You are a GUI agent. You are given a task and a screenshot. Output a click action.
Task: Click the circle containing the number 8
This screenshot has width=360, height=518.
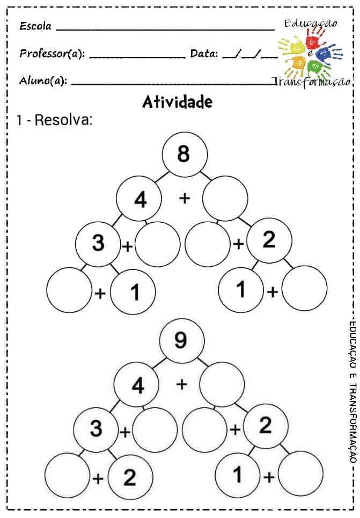pyautogui.click(x=184, y=154)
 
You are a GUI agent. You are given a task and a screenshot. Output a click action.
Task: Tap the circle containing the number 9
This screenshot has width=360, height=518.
pyautogui.click(x=181, y=340)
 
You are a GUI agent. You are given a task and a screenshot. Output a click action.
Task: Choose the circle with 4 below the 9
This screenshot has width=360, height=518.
pyautogui.click(x=137, y=385)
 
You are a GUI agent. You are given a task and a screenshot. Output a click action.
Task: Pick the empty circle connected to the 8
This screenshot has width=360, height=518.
pyautogui.click(x=225, y=199)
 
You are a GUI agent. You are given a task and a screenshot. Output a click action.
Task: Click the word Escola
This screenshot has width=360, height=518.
pyautogui.click(x=35, y=26)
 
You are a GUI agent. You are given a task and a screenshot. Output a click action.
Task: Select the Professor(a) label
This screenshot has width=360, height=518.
pyautogui.click(x=52, y=54)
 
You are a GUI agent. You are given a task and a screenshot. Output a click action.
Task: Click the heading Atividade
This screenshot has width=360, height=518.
pyautogui.click(x=177, y=101)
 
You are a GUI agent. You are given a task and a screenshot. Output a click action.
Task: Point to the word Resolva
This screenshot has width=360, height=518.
pyautogui.click(x=63, y=120)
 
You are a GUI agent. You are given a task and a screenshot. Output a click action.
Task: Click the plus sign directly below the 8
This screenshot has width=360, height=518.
pyautogui.click(x=185, y=199)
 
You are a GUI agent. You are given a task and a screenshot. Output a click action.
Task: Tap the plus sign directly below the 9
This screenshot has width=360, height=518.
pyautogui.click(x=182, y=384)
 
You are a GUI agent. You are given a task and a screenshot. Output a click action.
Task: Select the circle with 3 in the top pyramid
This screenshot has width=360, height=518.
pyautogui.click(x=98, y=243)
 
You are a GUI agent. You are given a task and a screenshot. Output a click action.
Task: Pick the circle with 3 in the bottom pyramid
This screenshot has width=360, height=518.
pyautogui.click(x=95, y=429)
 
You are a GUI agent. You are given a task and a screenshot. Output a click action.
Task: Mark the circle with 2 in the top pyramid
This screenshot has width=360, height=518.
pyautogui.click(x=269, y=240)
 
